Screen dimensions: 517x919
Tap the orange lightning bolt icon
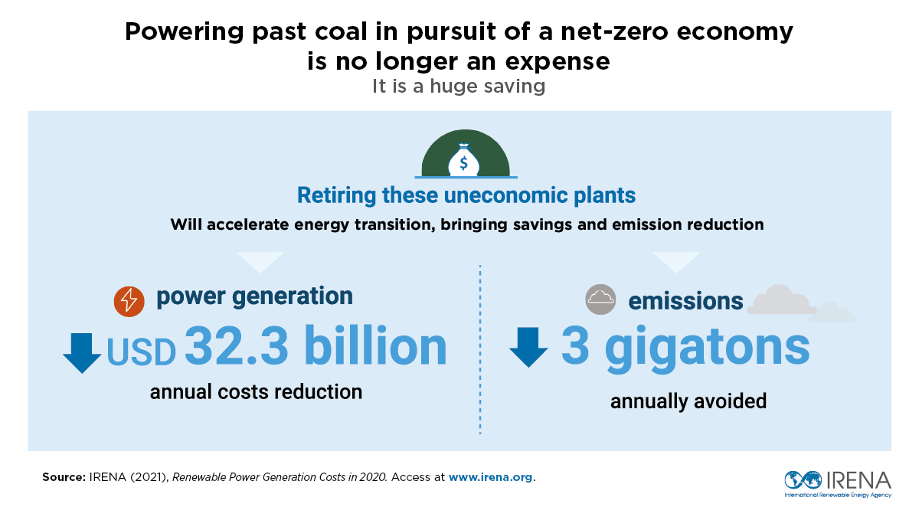coord(129,301)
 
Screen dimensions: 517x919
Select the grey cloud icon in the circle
coord(600,299)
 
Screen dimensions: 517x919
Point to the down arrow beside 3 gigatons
coord(528,347)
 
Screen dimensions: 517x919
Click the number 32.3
coord(237,347)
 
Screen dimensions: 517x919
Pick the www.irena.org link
coord(490,477)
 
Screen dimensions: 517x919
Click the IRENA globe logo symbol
coord(802,480)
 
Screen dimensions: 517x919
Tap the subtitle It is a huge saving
coord(459,86)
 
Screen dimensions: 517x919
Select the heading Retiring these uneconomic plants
coord(466,195)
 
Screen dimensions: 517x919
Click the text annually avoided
coord(688,401)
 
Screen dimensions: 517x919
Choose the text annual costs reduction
coord(256,392)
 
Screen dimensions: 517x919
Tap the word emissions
coord(685,301)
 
